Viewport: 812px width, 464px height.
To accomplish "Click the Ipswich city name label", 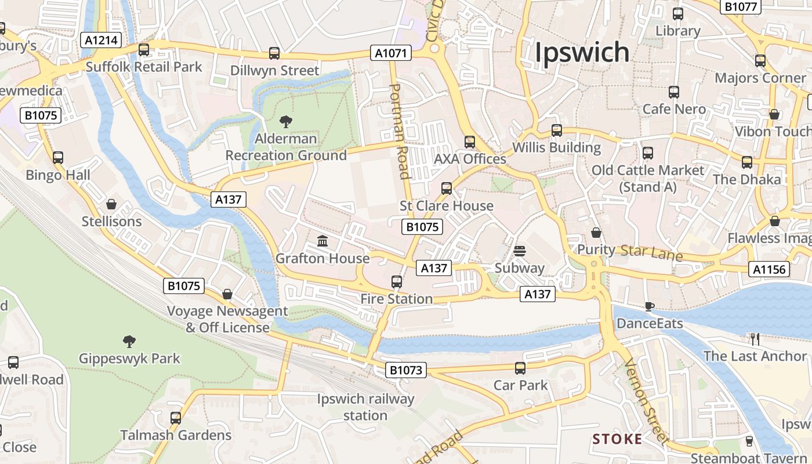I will point(582,52).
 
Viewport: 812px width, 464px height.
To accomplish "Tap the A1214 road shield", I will point(101,40).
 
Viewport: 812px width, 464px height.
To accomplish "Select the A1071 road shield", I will point(391,53).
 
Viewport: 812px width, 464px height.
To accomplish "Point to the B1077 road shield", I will point(740,6).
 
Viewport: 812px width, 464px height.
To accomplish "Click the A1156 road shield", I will point(770,269).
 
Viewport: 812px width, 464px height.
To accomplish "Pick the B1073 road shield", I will point(406,369).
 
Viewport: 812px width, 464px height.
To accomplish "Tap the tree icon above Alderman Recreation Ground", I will point(286,122).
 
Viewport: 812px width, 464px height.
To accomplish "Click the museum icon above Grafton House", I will point(322,241).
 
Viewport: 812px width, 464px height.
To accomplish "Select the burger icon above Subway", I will point(519,251).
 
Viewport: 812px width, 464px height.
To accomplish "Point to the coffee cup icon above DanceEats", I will point(649,306).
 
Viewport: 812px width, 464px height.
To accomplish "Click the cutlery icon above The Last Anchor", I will point(755,339).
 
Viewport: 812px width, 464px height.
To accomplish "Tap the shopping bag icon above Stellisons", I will point(111,204).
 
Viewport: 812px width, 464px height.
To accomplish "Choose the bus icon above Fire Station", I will point(397,282).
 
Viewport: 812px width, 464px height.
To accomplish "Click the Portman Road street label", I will point(401,131).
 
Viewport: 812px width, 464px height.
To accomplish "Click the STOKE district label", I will point(617,439).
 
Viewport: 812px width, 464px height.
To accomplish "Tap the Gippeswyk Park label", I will point(129,358).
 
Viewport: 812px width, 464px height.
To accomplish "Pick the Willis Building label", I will point(556,147).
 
